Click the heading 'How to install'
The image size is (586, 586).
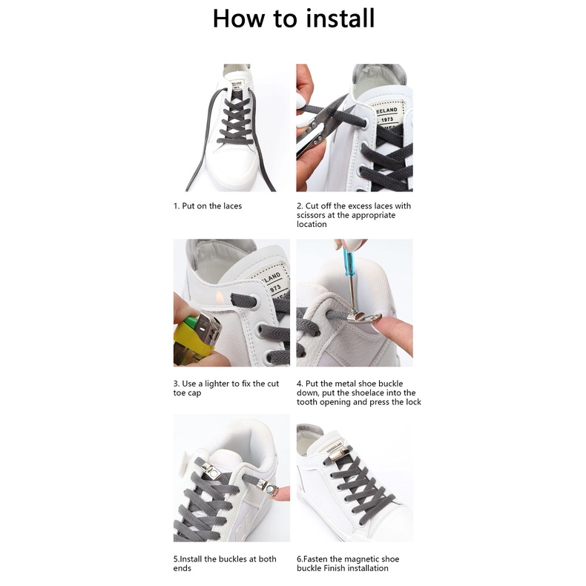tap(294, 18)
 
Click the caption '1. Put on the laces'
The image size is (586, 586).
tap(208, 206)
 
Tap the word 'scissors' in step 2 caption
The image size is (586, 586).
tap(311, 215)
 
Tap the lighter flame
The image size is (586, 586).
tap(220, 297)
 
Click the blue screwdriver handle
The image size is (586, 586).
tap(349, 261)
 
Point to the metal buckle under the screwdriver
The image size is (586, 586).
tap(363, 317)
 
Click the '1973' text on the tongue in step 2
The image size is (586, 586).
tap(387, 119)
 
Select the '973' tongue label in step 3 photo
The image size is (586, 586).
tap(275, 288)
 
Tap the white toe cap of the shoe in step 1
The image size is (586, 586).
tap(228, 165)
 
